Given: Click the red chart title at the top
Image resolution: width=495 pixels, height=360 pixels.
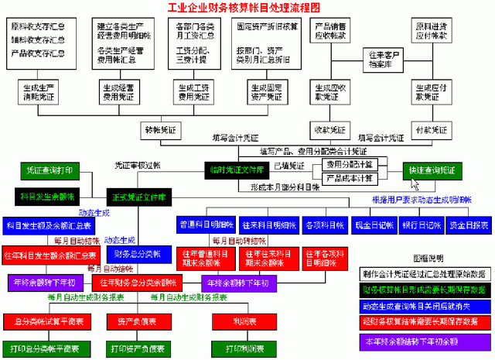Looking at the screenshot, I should [247, 8].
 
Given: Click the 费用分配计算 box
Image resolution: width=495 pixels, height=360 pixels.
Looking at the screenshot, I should [348, 164].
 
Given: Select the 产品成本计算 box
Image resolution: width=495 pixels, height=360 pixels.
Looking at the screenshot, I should [348, 178].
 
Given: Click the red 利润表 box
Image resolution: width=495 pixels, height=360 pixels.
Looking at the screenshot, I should [234, 320].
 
